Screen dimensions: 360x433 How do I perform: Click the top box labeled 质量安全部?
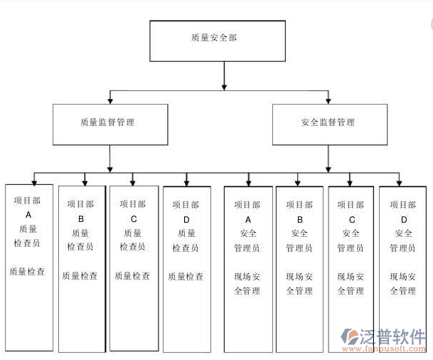tap(217, 41)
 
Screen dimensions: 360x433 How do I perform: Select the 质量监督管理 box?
tap(110, 125)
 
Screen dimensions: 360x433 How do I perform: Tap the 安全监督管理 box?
tap(330, 125)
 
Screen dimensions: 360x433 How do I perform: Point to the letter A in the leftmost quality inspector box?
tap(28, 214)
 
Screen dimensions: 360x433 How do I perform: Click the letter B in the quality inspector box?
tap(81, 218)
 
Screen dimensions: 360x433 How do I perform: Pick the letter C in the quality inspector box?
tap(134, 218)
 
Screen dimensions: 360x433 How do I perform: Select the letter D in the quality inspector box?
tap(186, 218)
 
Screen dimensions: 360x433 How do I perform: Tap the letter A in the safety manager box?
tap(247, 218)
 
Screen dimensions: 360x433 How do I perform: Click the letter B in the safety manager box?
tap(299, 218)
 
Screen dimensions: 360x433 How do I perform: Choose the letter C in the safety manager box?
tap(351, 218)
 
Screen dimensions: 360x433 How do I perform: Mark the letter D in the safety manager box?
tap(403, 218)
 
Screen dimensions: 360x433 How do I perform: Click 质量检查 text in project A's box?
tap(28, 271)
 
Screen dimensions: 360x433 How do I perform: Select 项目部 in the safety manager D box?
tap(403, 204)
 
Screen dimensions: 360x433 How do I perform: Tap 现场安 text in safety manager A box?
tap(247, 276)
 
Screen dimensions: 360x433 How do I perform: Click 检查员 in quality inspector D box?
tap(186, 247)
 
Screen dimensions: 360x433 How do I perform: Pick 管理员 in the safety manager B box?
tap(299, 248)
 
